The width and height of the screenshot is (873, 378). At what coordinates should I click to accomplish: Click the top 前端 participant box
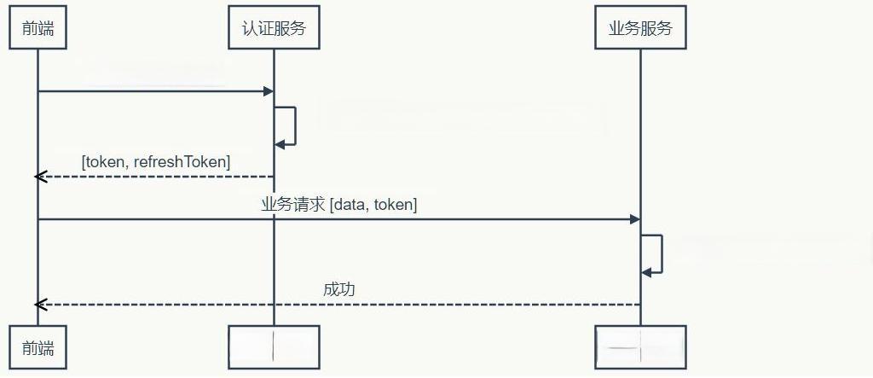(38, 27)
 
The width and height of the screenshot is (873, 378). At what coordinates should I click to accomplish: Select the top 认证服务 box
(274, 27)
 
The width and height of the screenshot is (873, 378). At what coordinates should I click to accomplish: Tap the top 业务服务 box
(640, 27)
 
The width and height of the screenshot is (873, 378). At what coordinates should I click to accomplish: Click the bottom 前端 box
(38, 347)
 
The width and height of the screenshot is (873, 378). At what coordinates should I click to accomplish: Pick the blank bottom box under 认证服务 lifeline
(274, 347)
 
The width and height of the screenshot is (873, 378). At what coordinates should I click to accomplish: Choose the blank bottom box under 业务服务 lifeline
(640, 347)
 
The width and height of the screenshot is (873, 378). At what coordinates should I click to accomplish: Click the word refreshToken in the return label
(182, 161)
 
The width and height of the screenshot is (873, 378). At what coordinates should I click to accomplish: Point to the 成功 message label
(338, 289)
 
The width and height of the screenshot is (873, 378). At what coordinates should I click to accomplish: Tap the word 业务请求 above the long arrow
(292, 204)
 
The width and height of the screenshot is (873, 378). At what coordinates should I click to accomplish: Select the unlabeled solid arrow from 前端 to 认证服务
(153, 90)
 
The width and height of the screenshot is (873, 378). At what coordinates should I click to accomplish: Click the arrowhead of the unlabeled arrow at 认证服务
(268, 90)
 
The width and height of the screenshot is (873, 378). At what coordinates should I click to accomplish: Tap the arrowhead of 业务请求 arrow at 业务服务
(634, 219)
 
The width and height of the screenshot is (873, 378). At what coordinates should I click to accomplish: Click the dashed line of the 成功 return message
(341, 305)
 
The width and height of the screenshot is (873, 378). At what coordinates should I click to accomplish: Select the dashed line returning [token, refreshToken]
(153, 177)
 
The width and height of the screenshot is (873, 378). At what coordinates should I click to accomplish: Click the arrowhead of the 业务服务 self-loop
(646, 272)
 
